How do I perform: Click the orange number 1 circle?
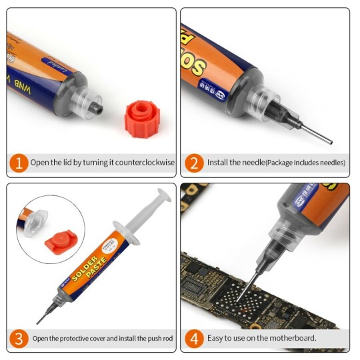coord(20,163)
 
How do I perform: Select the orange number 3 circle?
coord(20,338)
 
